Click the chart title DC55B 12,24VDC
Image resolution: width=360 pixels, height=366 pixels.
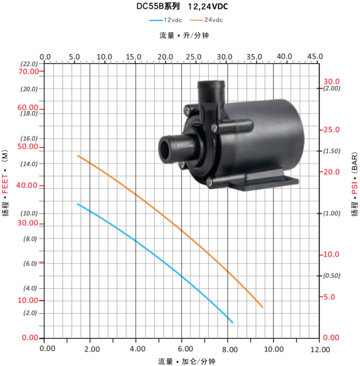182,6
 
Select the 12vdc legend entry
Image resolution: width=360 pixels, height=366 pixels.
166,20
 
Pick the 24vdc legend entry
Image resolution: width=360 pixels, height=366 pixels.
206,20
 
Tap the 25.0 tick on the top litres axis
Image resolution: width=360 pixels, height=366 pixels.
193,57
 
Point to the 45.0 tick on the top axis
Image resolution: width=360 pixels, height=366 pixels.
315,57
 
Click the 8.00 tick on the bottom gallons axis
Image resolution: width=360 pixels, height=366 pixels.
229,349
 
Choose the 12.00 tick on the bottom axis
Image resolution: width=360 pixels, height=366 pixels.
320,349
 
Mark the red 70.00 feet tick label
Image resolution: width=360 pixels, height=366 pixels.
28,71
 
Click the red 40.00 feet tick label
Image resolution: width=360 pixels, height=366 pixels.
27,185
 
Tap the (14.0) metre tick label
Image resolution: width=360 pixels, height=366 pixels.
29,164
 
